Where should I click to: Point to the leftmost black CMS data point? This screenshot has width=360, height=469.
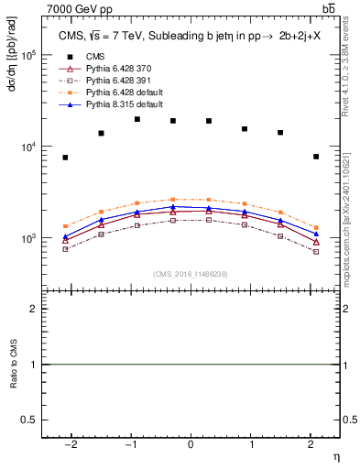click(65, 158)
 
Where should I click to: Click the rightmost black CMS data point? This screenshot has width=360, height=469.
click(315, 157)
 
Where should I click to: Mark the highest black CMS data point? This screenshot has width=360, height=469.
click(136, 119)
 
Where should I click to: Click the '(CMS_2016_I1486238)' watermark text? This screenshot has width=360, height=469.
click(191, 273)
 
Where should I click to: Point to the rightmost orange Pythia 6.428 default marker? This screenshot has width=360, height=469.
click(315, 227)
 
